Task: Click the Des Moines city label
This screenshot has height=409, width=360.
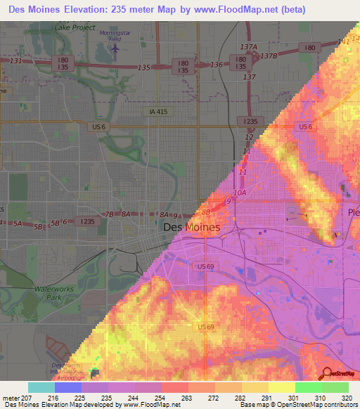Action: [191, 228]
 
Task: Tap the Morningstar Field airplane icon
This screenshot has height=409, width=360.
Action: [115, 49]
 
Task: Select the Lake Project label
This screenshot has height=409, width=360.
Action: [74, 27]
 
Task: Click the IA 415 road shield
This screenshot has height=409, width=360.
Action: [158, 112]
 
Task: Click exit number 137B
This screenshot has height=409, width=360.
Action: [269, 56]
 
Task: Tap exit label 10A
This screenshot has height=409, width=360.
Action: [239, 192]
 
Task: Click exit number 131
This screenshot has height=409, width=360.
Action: [16, 61]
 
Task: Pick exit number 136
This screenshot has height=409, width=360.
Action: [217, 65]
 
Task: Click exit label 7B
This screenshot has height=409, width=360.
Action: [108, 214]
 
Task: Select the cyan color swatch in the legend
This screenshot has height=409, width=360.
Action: [41, 387]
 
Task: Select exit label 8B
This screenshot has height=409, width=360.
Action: [206, 211]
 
